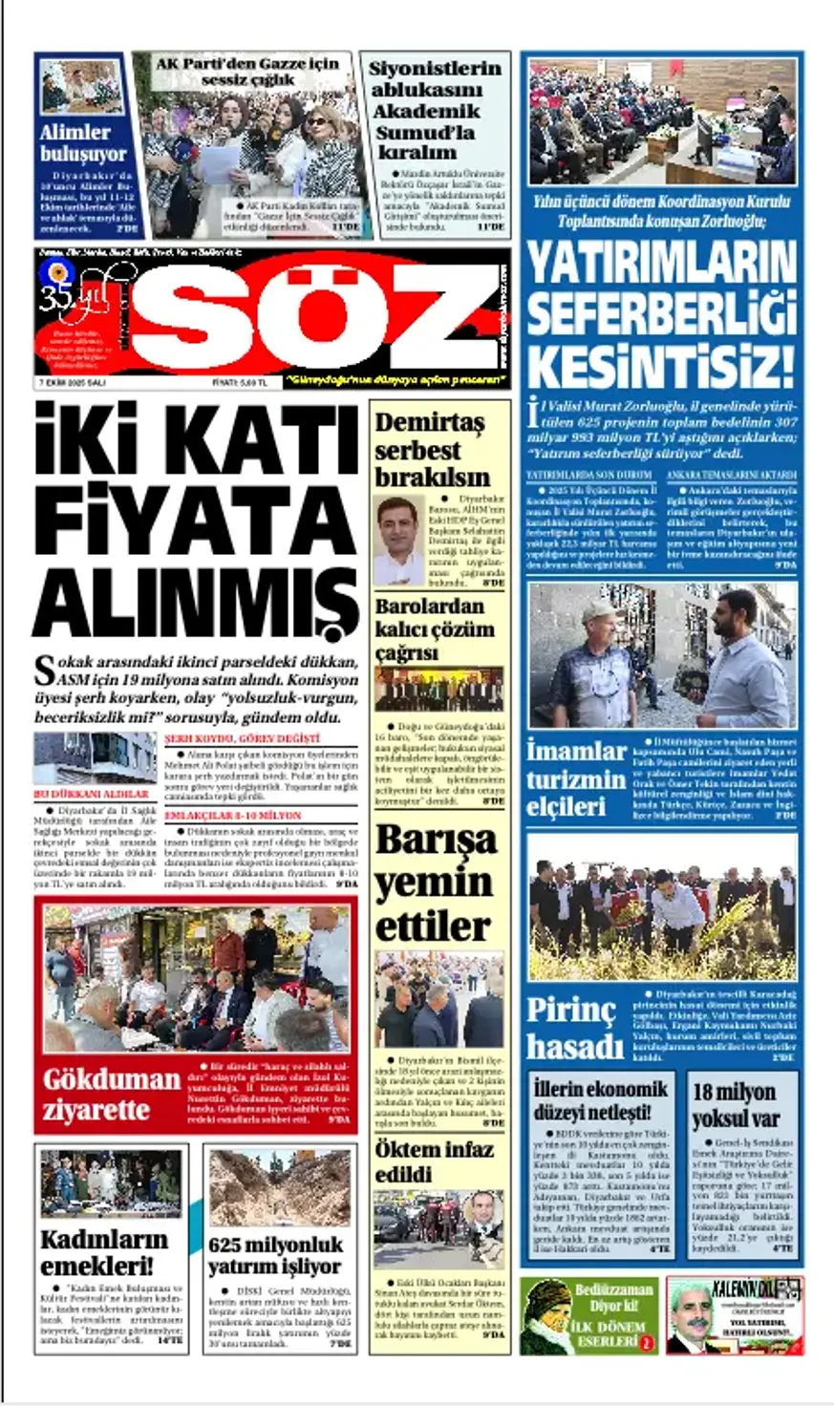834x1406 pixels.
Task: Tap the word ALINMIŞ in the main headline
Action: (x=196, y=600)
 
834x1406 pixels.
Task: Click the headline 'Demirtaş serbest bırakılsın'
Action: (x=432, y=449)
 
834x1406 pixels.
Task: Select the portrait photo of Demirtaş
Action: (x=399, y=541)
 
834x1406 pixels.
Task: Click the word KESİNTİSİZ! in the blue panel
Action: (x=661, y=366)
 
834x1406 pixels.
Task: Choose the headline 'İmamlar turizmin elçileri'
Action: (x=575, y=778)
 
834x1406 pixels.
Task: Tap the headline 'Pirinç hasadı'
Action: (x=574, y=1030)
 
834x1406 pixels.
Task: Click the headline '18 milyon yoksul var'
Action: (x=736, y=1105)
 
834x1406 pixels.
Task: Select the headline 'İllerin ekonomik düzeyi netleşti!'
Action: (x=600, y=1100)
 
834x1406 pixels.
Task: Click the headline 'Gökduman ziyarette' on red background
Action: (x=110, y=1095)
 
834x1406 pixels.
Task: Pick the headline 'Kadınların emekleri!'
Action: (x=103, y=1252)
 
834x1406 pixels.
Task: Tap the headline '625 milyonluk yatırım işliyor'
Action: (x=275, y=1256)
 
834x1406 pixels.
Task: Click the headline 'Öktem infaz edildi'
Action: (x=433, y=1161)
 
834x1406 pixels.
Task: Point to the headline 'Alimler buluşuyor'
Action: (x=83, y=143)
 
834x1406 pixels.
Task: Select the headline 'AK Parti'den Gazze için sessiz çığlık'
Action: (x=247, y=72)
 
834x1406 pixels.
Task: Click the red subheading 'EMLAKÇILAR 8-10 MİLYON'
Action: (x=232, y=816)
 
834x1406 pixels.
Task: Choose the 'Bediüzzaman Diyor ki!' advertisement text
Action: (x=612, y=1298)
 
